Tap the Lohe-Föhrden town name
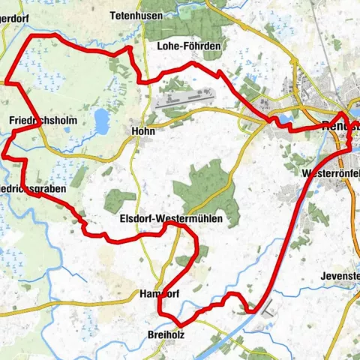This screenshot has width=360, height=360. click(189, 46)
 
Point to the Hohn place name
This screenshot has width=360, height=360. click(142, 130)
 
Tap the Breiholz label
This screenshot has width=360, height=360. click(166, 334)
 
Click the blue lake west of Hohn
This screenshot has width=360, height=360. click(101, 118)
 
